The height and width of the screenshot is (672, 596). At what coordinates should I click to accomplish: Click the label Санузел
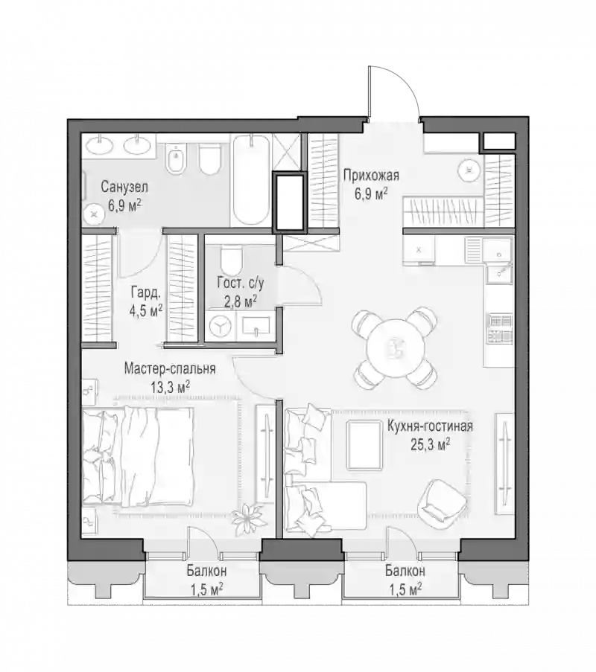pos(124,187)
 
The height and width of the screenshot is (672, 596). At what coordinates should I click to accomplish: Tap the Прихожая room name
pos(371,176)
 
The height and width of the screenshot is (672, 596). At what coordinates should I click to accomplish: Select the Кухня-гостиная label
pos(430,426)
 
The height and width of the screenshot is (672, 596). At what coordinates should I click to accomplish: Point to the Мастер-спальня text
pos(170,368)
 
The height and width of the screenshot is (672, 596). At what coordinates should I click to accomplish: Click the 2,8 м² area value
pos(241,301)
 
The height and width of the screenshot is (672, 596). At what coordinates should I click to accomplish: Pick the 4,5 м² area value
pos(146,310)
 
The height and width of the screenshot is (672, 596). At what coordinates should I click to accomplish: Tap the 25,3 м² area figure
pos(431,445)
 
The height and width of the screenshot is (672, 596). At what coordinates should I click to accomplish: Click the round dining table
pos(396,348)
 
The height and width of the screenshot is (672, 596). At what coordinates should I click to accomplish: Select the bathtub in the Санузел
pos(252,180)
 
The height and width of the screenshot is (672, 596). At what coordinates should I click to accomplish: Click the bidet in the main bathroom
pos(174,159)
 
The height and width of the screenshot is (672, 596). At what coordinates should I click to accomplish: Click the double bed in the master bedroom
pos(138,455)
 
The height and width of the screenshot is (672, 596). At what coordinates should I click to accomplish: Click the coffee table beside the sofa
pos(364,445)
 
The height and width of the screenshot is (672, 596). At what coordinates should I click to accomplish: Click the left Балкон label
pos(207,572)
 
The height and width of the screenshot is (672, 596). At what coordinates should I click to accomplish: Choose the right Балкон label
pos(405,572)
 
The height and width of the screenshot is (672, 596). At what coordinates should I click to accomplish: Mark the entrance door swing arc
pos(405,81)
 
